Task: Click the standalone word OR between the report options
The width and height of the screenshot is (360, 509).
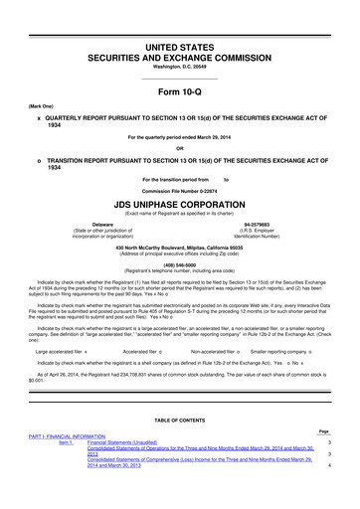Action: point(180,151)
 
